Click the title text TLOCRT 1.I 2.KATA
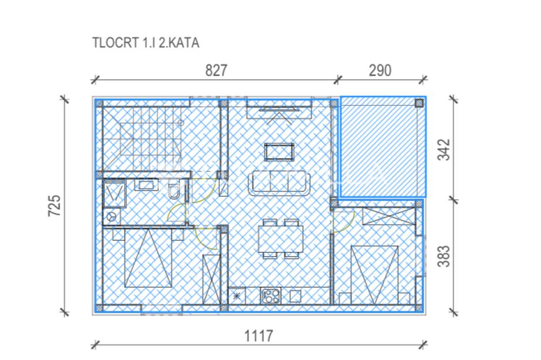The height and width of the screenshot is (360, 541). (146, 43)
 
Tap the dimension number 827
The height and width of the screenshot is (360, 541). (216, 71)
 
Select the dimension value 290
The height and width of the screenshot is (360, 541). (380, 71)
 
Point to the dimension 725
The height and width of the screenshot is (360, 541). (54, 205)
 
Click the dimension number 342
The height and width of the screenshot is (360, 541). (444, 149)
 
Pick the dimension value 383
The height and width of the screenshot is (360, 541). (444, 256)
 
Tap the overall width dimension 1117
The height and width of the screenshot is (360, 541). (259, 336)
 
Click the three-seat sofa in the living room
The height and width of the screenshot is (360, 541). (279, 182)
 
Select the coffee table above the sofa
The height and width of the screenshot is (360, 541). (279, 152)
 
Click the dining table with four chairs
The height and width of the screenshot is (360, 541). (281, 238)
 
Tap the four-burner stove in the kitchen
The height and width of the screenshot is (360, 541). (271, 296)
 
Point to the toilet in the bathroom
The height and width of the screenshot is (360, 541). (174, 189)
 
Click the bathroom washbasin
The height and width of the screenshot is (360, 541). (146, 185)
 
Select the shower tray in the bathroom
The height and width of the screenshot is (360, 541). (115, 193)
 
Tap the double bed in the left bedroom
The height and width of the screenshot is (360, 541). (148, 258)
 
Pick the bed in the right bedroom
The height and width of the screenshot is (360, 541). (374, 275)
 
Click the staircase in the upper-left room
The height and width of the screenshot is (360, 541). (142, 139)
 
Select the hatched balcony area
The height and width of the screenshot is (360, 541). (383, 147)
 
